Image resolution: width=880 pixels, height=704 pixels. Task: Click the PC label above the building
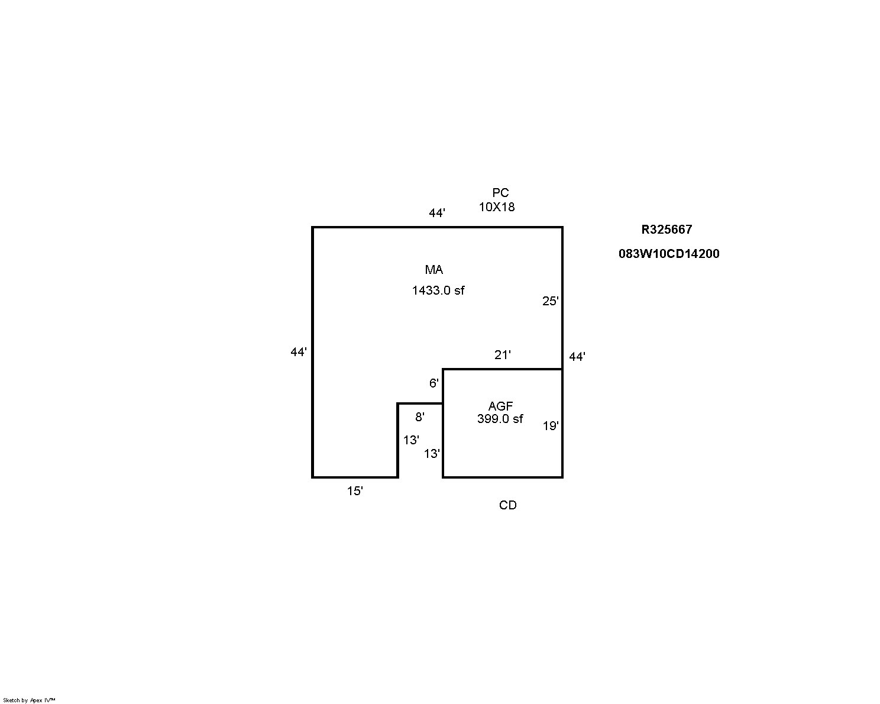500,192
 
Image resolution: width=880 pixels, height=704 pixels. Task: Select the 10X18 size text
496,207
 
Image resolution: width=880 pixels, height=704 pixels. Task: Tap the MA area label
433,270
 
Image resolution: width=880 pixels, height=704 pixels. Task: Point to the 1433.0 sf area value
438,290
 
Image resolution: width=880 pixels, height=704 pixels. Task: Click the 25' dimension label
550,301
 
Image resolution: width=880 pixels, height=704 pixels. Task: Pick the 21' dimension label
502,354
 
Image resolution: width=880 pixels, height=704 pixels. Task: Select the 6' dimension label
433,383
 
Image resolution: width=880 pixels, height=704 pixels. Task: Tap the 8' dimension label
419,417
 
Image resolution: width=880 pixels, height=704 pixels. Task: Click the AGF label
500,406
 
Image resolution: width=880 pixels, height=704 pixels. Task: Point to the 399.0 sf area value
500,419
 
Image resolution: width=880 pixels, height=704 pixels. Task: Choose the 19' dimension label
551,426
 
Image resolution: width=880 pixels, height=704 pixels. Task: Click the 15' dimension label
355,491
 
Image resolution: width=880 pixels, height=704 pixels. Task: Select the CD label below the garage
507,505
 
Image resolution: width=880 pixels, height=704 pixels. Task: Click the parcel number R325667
667,230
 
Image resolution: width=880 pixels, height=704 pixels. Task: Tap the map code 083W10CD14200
669,254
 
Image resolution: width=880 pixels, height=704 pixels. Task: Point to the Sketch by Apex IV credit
29,700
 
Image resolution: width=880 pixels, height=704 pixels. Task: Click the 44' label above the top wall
436,213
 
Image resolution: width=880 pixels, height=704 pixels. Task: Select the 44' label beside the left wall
299,352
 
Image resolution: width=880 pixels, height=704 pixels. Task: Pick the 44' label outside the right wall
577,357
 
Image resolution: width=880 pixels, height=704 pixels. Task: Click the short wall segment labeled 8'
420,403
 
